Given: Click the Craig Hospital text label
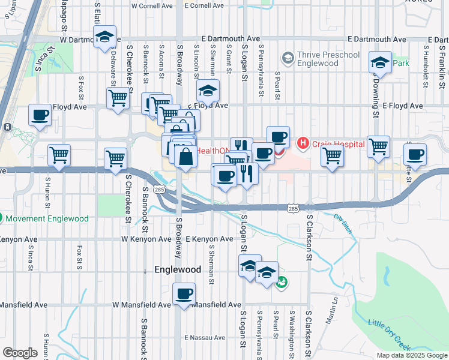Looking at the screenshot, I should tap(339, 144).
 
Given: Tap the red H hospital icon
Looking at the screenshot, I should tap(303, 143).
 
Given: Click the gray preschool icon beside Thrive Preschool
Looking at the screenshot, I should tap(287, 58).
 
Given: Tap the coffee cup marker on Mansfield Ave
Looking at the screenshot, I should tap(184, 294).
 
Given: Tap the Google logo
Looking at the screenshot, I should tap(20, 353).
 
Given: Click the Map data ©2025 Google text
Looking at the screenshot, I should tap(411, 355).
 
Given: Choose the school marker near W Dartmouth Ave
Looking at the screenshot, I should tap(105, 37).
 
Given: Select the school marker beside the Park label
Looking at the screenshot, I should tap(380, 62).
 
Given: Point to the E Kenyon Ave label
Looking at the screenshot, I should tap(209, 239).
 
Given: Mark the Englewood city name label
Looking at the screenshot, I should tap(178, 270).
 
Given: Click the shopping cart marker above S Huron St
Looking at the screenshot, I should tap(59, 155).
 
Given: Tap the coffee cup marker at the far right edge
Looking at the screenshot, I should tap(415, 155).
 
